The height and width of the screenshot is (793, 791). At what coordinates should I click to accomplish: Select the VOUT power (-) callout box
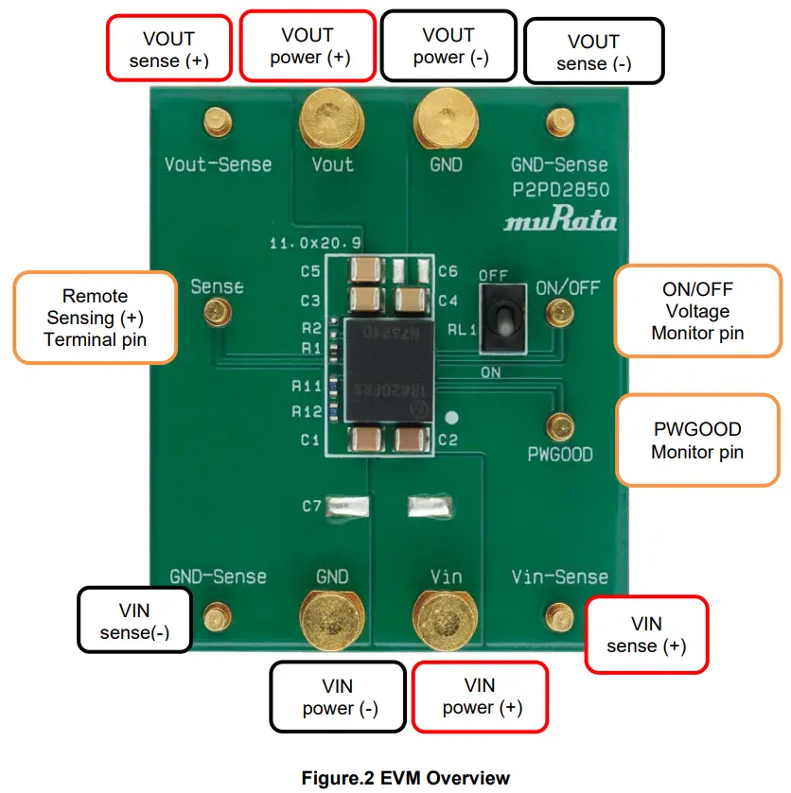tap(448, 46)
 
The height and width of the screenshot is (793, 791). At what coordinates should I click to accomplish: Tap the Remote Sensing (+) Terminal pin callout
tap(95, 318)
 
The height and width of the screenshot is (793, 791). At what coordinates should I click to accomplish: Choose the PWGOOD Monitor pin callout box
tap(697, 440)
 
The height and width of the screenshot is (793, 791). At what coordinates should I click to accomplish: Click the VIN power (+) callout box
tap(480, 697)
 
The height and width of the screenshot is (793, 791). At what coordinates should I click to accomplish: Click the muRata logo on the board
tap(560, 221)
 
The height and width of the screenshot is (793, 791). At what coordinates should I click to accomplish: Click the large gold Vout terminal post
tap(331, 118)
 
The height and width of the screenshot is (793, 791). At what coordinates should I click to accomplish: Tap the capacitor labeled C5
tap(363, 271)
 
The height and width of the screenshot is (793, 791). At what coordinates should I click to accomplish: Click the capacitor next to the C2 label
tap(412, 440)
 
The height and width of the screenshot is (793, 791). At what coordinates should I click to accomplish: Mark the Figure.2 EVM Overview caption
tap(405, 778)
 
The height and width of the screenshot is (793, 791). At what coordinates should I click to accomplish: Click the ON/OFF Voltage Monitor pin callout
tap(697, 311)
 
